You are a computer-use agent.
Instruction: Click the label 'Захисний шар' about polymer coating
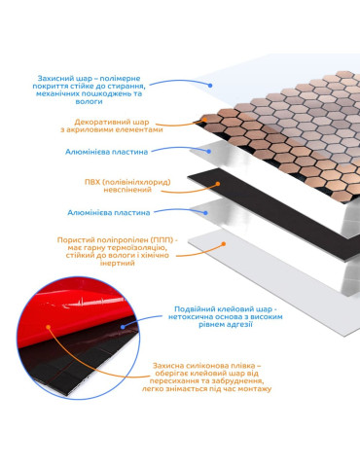89,90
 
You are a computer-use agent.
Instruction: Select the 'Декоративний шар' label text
112,126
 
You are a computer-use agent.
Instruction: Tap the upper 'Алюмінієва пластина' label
106,152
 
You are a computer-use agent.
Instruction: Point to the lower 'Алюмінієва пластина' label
109,213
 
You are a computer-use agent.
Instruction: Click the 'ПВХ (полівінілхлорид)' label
127,186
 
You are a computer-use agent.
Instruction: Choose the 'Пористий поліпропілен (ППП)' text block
118,251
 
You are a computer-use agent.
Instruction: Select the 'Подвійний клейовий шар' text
225,317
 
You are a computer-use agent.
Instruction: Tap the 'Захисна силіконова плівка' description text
206,377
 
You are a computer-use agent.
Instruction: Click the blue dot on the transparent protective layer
210,86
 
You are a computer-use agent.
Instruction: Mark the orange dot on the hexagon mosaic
204,120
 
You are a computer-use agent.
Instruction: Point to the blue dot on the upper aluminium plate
209,152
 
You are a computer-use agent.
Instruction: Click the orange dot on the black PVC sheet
218,184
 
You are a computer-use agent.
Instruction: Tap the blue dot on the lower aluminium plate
205,213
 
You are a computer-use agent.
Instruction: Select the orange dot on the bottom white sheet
223,243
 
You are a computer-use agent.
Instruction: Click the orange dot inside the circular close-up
49,327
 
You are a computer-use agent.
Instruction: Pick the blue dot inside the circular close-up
123,327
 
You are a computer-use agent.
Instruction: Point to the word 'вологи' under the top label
89,101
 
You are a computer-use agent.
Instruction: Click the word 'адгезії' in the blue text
239,325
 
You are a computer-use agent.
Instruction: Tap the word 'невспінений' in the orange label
127,190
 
